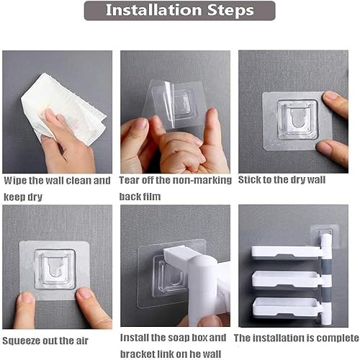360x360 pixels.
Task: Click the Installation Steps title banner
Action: (x=179, y=11)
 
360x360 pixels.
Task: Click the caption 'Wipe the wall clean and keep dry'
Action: (x=57, y=188)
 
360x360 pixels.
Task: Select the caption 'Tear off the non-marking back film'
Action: (x=176, y=188)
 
